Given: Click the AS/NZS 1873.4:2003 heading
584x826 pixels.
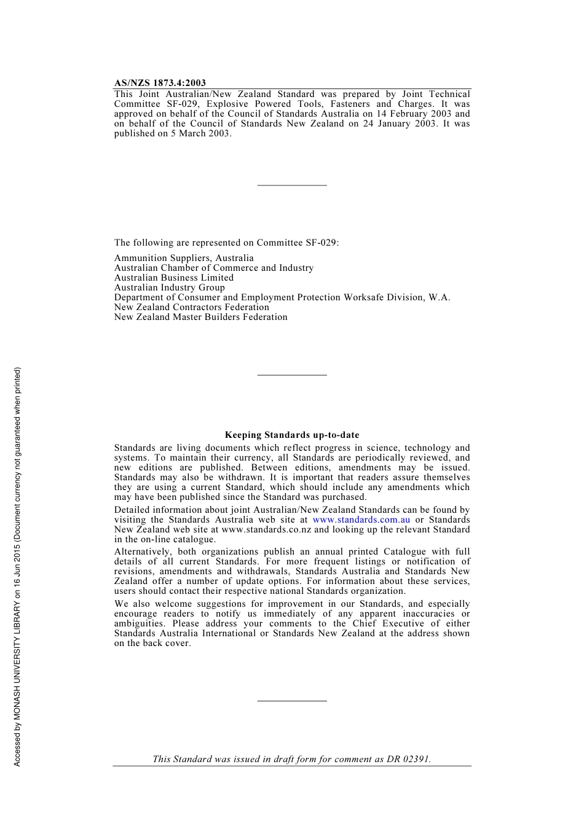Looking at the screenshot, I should pos(160,83).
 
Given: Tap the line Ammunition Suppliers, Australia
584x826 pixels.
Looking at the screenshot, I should pos(184,258).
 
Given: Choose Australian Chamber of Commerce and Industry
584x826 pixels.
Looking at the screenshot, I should pos(213,268).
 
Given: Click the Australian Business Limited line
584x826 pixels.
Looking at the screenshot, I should pos(173,278).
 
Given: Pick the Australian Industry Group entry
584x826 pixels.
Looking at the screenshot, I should pos(169,287).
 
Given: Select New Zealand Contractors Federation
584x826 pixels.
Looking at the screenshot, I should pos(191,307).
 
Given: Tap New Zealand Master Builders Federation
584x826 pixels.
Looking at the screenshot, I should pos(200,317).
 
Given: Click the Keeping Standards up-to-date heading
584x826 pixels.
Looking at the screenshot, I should pos(292,435).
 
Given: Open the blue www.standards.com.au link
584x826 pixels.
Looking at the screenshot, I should pos(361,520).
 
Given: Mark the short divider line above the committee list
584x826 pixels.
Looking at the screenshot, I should pos(292,185).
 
